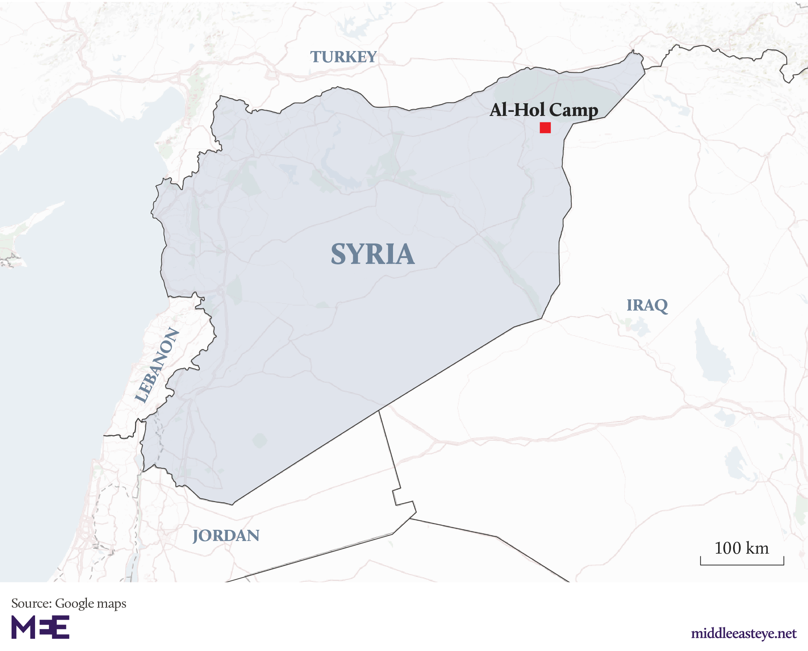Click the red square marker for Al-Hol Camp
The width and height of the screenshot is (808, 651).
tap(545, 128)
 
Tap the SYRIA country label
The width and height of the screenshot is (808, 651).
tap(372, 254)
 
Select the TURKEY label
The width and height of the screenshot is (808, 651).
tap(343, 57)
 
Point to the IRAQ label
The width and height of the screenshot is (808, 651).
tap(647, 305)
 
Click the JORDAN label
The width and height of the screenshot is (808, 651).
tap(226, 535)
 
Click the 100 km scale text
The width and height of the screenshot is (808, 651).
tap(741, 548)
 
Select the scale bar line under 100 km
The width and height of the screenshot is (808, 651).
tap(742, 564)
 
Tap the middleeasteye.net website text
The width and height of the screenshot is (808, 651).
tap(743, 633)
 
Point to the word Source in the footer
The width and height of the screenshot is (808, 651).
tap(31, 603)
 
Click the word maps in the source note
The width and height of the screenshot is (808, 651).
tap(111, 604)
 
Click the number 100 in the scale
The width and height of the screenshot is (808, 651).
tap(727, 548)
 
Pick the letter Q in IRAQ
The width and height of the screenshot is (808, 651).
tap(661, 306)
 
